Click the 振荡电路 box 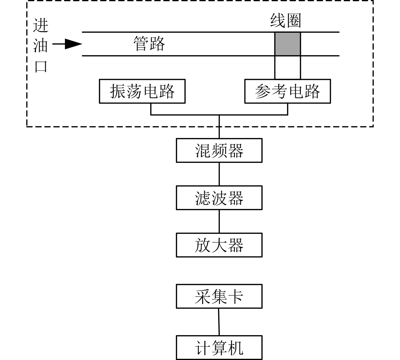[142, 91]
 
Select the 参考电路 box [287, 91]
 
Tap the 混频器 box [219, 150]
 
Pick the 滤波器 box [219, 197]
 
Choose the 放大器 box [219, 245]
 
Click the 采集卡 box [219, 296]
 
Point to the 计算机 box [219, 348]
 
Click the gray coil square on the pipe [287, 44]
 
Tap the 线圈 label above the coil [285, 21]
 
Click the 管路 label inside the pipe [149, 44]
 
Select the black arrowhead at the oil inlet [73, 44]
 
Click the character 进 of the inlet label [41, 25]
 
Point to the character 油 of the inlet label [41, 46]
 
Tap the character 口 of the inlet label [41, 67]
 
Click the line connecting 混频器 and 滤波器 [219, 174]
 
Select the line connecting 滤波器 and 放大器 [219, 221]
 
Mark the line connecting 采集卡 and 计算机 [219, 322]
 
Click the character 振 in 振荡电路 [118, 91]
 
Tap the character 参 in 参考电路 [263, 91]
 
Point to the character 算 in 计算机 [219, 348]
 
